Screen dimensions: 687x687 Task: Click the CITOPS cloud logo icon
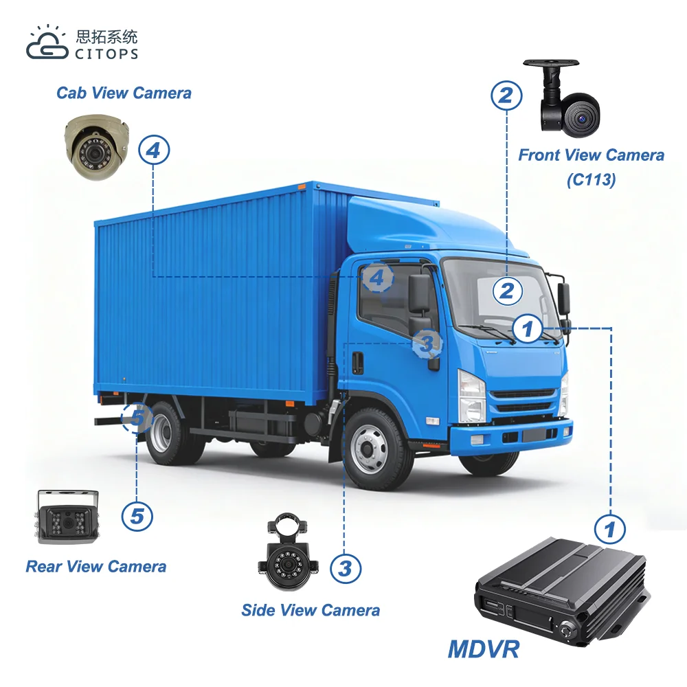coord(47,43)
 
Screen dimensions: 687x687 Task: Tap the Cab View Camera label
coord(124,93)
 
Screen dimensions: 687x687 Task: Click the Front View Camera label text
coord(591,155)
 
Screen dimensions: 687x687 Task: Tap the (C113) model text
coord(591,180)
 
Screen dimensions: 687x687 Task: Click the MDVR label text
coord(484,648)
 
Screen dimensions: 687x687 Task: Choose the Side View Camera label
coord(311,610)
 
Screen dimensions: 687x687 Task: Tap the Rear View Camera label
coord(96,567)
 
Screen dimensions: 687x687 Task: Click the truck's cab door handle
coord(357,363)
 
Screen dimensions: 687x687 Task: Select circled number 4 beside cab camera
coord(153,150)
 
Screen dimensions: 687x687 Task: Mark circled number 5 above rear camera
coord(137,515)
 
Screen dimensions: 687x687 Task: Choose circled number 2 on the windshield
coord(506,291)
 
